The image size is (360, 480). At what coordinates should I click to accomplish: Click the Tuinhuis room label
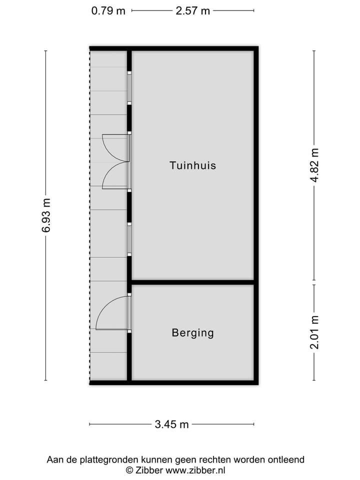pyautogui.click(x=192, y=165)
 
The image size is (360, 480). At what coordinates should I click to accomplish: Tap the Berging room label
pyautogui.click(x=192, y=332)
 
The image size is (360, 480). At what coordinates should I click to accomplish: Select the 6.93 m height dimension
pyautogui.click(x=46, y=215)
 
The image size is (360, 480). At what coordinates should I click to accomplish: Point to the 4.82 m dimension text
pyautogui.click(x=314, y=165)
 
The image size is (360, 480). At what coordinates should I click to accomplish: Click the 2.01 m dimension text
pyautogui.click(x=314, y=332)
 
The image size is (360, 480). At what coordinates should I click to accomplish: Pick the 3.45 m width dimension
pyautogui.click(x=171, y=424)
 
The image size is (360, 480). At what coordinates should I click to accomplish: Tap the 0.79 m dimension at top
pyautogui.click(x=108, y=10)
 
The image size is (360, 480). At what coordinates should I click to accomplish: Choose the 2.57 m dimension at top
pyautogui.click(x=192, y=10)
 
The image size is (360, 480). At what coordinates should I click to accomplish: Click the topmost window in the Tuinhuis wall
pyautogui.click(x=129, y=88)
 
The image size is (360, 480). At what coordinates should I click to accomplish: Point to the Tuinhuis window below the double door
pyautogui.click(x=129, y=240)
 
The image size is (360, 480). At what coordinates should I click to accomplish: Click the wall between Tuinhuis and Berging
pyautogui.click(x=192, y=282)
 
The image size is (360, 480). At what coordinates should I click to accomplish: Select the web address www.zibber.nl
pyautogui.click(x=195, y=470)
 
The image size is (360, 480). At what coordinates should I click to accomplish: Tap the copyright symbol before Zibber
pyautogui.click(x=129, y=470)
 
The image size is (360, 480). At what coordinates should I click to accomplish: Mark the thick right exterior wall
pyautogui.click(x=256, y=215)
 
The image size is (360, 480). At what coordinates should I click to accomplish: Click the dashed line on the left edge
pyautogui.click(x=90, y=215)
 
